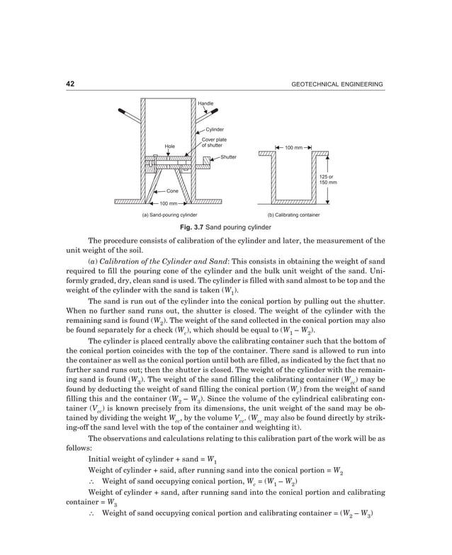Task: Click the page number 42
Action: [x=70, y=84]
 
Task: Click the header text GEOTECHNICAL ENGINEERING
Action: [x=337, y=85]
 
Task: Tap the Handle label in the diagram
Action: [x=205, y=104]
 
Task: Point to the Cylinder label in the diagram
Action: [x=215, y=130]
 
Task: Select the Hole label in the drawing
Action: [x=169, y=147]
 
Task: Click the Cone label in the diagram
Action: [x=172, y=191]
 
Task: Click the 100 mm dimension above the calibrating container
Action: [x=293, y=148]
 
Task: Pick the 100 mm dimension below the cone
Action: [x=168, y=204]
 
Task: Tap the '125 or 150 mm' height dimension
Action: [x=327, y=179]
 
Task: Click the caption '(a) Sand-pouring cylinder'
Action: [x=169, y=214]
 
